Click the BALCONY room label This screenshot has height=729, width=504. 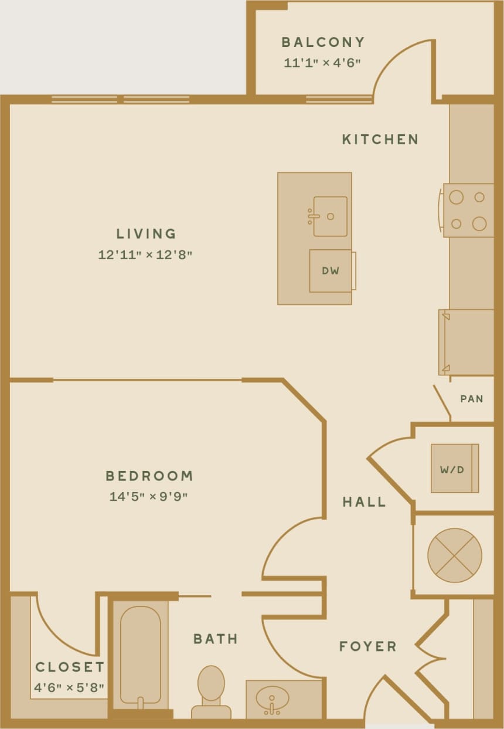click(323, 42)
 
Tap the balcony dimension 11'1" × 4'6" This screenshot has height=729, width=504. click(322, 62)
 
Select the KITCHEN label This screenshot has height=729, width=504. click(380, 140)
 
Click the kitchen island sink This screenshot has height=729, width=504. click(330, 216)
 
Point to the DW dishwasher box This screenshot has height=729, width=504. click(331, 271)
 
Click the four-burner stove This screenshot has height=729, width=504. click(468, 210)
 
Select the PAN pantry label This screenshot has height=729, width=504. click(472, 399)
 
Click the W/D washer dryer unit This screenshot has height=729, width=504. click(455, 469)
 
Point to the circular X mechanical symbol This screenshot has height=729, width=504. click(455, 555)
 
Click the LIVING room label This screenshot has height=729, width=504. click(146, 233)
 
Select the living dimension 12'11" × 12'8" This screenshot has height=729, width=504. click(146, 255)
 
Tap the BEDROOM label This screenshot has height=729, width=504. click(149, 476)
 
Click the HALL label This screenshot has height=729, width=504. click(364, 502)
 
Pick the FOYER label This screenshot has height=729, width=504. click(368, 646)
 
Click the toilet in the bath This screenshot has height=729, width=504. click(211, 691)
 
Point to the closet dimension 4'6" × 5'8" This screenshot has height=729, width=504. click(69, 687)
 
